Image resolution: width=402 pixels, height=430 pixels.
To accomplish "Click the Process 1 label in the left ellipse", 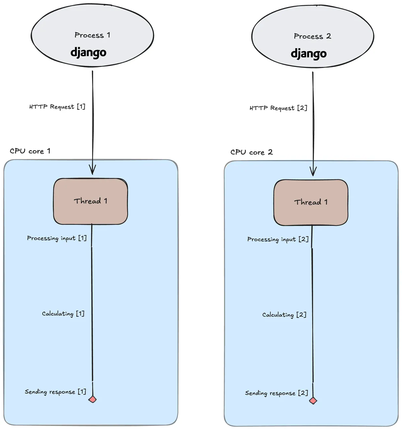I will tap(92, 35).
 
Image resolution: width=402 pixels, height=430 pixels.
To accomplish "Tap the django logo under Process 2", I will tap(309, 54).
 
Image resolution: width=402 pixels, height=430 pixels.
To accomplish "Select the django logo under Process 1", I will tap(88, 53).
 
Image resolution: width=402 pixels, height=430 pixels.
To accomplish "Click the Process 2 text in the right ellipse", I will tap(312, 36).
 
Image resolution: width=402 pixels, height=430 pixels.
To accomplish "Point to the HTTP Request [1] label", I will tap(57, 107).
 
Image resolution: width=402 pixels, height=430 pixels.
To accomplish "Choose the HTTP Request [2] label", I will tap(278, 108).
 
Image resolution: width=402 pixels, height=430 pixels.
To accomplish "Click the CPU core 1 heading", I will tap(30, 151).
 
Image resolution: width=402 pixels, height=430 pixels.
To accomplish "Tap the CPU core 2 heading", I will tap(251, 152).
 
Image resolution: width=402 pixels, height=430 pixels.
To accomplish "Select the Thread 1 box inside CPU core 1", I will tap(90, 201).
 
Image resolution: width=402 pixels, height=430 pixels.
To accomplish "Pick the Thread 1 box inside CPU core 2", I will tap(311, 202).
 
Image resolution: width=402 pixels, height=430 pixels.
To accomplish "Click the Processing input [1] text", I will tap(57, 238).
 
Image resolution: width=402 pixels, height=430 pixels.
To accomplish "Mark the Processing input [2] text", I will tap(278, 239).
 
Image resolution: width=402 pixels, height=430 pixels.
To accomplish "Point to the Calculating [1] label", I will tap(63, 314).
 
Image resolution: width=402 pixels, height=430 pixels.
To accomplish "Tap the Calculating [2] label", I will tap(284, 315).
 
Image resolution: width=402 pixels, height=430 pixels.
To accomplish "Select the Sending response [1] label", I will tap(55, 392).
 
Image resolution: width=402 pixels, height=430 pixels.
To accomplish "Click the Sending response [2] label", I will tap(276, 393).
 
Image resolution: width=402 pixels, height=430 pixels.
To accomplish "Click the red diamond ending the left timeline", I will tap(92, 399).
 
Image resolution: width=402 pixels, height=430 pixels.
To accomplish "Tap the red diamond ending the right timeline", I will tap(313, 401).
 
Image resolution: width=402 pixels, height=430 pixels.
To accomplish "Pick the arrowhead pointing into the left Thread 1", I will tap(92, 171).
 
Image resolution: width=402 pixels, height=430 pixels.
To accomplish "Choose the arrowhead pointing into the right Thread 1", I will tap(313, 172).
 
